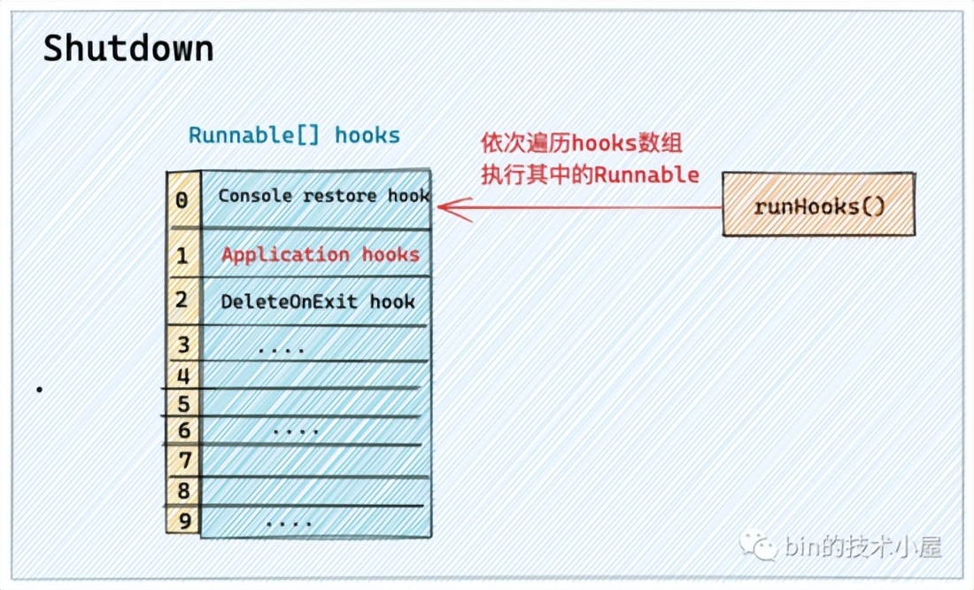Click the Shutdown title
coord(128,50)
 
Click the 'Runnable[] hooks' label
coord(294,136)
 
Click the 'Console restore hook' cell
coord(323,196)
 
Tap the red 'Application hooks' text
coord(320,254)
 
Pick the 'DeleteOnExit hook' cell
coord(317,301)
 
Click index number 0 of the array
coord(182,200)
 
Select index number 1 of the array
coord(182,256)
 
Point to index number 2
coord(182,300)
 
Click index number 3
coord(183,344)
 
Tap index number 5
coord(183,405)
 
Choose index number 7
coord(183,461)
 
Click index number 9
coord(183,520)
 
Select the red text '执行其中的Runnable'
coord(590,175)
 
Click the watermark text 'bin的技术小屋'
coord(862,547)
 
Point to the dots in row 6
coord(295,431)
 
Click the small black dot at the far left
coord(38,388)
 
